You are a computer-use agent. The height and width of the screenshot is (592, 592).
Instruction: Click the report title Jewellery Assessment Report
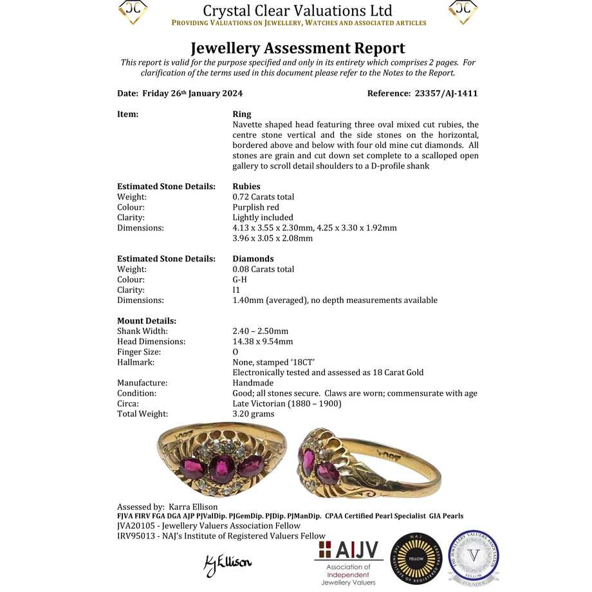pos(297,48)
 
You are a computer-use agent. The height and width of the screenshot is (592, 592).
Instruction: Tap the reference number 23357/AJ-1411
pos(443,93)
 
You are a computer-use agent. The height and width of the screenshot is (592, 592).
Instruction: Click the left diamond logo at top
pos(133,12)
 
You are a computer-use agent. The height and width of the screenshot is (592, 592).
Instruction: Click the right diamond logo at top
pos(463,12)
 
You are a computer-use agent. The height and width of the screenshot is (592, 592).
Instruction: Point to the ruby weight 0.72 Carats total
pos(263,197)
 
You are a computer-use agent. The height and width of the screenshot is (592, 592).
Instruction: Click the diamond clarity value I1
pos(236,290)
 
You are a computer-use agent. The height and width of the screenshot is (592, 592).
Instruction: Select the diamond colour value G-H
pos(239,280)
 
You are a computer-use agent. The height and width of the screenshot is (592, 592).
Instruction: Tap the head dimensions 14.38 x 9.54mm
pos(263,342)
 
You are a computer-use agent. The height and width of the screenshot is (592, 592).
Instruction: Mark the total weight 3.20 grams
pos(254,414)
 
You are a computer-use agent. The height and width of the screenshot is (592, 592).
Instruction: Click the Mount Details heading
pos(147,321)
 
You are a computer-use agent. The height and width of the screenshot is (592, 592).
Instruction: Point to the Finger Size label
pos(139,352)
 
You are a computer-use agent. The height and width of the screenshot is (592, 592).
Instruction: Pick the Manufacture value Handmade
pos(253,383)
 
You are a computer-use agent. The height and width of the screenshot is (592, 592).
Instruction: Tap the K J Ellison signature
pos(227,564)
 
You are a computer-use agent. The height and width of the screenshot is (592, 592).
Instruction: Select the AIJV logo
pos(349,562)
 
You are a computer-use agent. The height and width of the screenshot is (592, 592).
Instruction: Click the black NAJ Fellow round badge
pos(416,559)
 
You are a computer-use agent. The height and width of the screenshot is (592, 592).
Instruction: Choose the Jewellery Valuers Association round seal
pos(474,558)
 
